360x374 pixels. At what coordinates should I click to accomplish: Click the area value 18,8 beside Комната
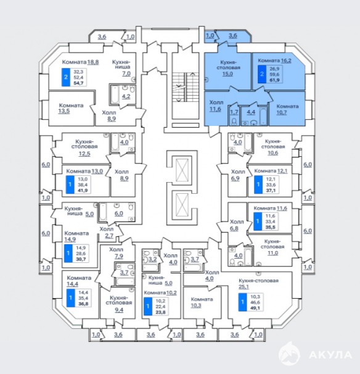pyautogui.click(x=93, y=62)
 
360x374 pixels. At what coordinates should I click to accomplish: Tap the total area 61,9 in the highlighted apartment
pyautogui.click(x=274, y=80)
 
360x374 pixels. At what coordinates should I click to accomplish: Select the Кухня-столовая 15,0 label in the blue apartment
pyautogui.click(x=228, y=68)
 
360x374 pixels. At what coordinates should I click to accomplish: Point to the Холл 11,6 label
pyautogui.click(x=216, y=106)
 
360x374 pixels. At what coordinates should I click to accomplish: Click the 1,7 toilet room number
pyautogui.click(x=234, y=112)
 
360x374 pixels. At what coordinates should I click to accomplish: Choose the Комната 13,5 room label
pyautogui.click(x=71, y=108)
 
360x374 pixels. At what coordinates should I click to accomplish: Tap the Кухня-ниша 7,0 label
pyautogui.click(x=123, y=68)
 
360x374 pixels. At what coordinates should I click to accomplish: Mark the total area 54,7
pyautogui.click(x=79, y=83)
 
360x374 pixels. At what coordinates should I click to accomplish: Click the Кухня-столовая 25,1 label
pyautogui.click(x=258, y=283)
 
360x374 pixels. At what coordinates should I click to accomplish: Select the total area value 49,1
pyautogui.click(x=255, y=308)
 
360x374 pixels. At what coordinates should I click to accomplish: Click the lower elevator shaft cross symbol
pyautogui.click(x=182, y=204)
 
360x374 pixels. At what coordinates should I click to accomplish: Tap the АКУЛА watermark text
pyautogui.click(x=330, y=355)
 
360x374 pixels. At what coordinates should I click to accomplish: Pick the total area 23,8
pyautogui.click(x=161, y=312)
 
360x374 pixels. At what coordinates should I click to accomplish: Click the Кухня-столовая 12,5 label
pyautogui.click(x=84, y=148)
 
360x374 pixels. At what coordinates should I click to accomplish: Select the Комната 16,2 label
pyautogui.click(x=274, y=60)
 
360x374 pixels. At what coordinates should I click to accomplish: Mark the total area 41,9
pyautogui.click(x=83, y=190)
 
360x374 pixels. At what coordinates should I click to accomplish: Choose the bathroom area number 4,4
pyautogui.click(x=251, y=112)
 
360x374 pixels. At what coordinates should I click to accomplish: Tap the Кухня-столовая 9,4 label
pyautogui.click(x=118, y=304)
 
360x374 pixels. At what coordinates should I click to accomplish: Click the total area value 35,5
pyautogui.click(x=271, y=227)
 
